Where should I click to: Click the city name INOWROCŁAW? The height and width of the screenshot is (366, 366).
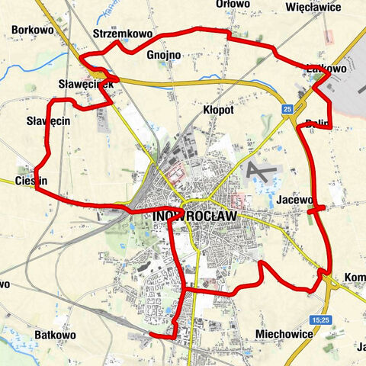(196, 217)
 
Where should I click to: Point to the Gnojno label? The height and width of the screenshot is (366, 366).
(162, 55)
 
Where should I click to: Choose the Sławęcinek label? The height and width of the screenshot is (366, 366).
(85, 84)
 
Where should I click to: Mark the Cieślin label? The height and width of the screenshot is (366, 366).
(32, 181)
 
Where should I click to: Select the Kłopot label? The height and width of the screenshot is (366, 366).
(218, 111)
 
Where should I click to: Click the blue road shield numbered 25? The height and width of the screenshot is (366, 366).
(287, 110)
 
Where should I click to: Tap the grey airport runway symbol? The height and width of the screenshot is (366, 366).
(263, 171)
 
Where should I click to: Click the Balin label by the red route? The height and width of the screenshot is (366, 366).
(317, 123)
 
